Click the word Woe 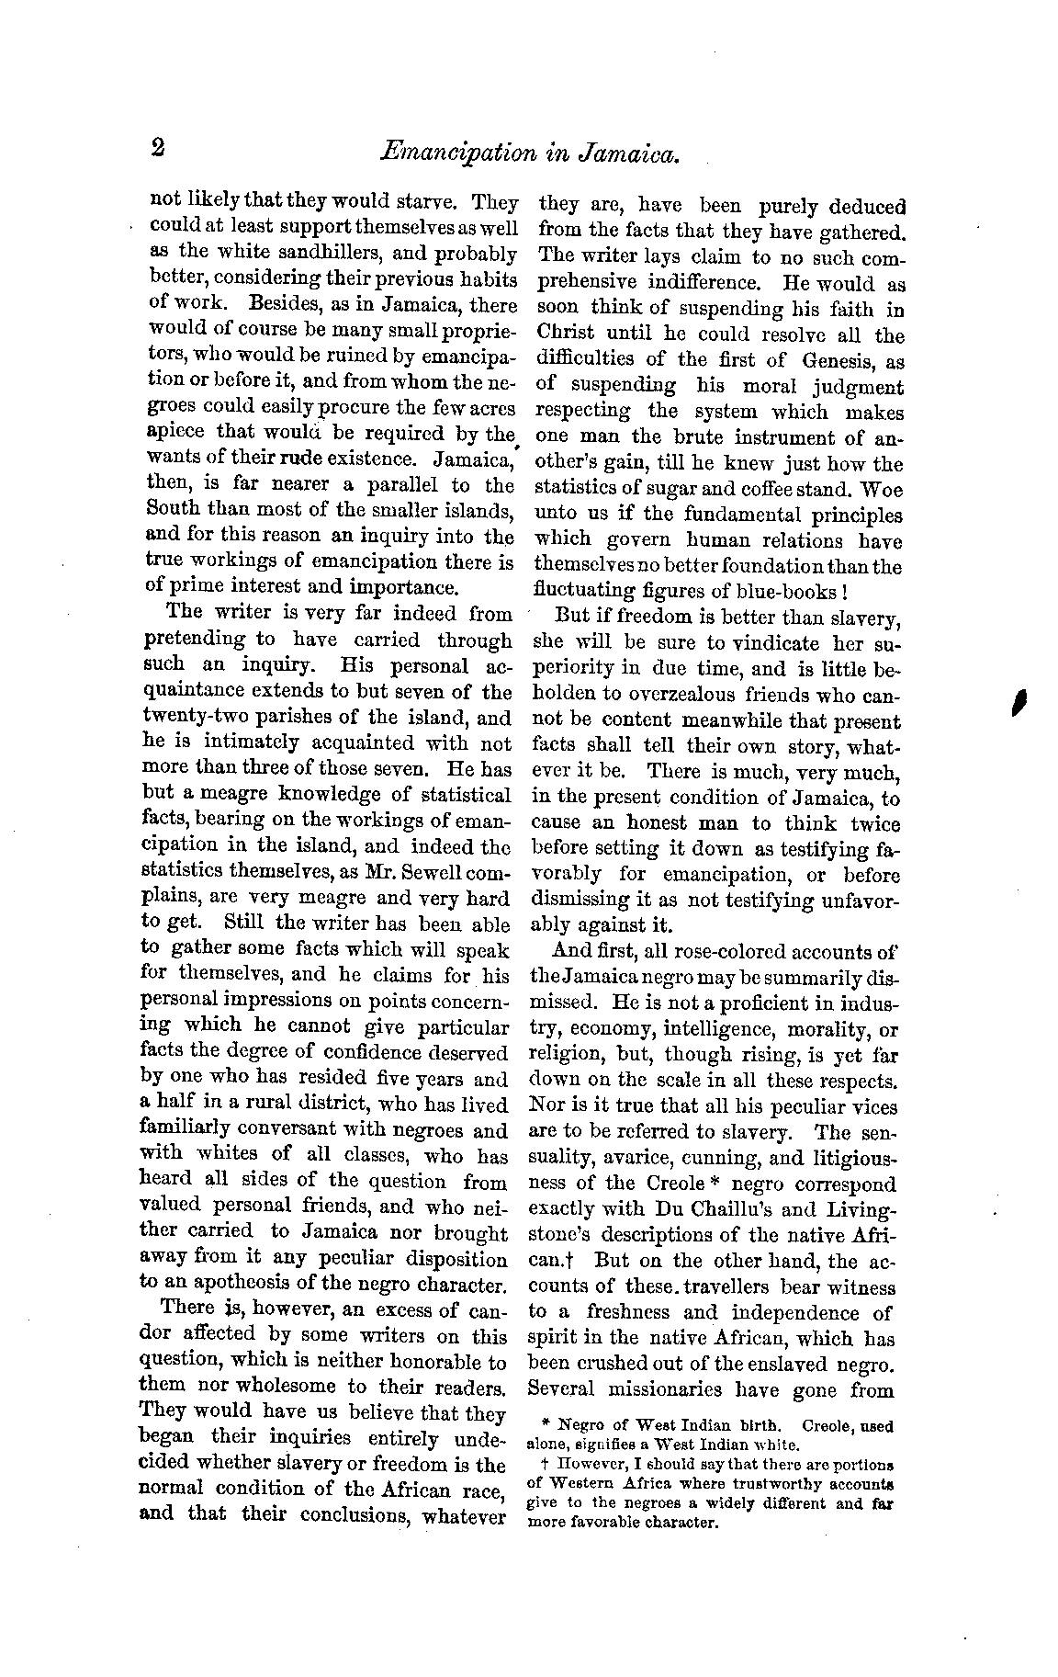coord(884,489)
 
